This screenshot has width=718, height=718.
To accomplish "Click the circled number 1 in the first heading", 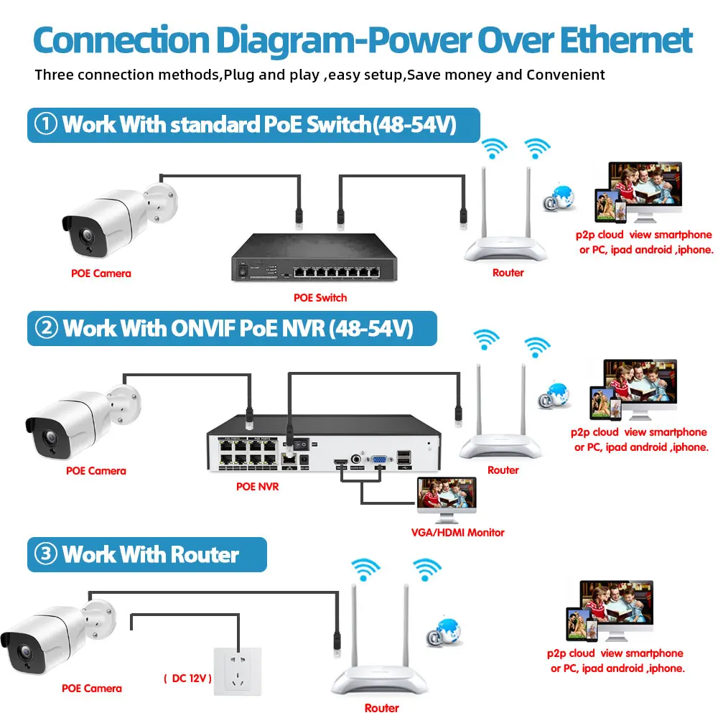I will tap(47, 124).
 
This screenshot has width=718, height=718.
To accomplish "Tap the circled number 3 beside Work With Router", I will tap(46, 555).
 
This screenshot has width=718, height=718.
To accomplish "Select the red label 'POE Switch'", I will tap(320, 297).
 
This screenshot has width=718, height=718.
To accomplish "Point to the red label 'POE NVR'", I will tap(257, 487).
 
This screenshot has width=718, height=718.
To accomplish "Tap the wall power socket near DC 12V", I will tap(238, 671).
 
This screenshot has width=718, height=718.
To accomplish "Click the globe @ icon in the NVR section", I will tap(554, 395).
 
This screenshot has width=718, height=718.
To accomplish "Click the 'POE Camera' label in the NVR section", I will tap(95, 471).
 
